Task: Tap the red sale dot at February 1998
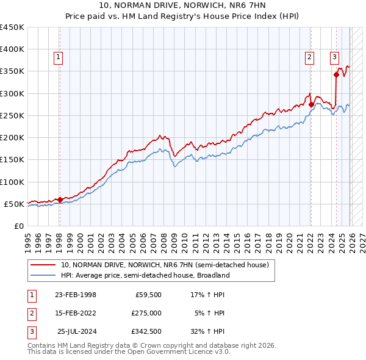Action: (60, 200)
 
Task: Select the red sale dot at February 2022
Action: (311, 104)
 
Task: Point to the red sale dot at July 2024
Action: (336, 75)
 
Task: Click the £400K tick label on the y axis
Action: (12, 49)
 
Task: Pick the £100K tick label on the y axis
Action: (12, 182)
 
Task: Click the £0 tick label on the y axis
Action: (18, 226)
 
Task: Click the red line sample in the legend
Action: (43, 265)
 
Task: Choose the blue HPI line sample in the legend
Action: (43, 275)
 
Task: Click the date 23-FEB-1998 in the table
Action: (76, 295)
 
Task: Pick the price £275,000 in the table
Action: (146, 313)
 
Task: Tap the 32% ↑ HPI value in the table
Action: (208, 331)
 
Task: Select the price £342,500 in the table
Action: (146, 331)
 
